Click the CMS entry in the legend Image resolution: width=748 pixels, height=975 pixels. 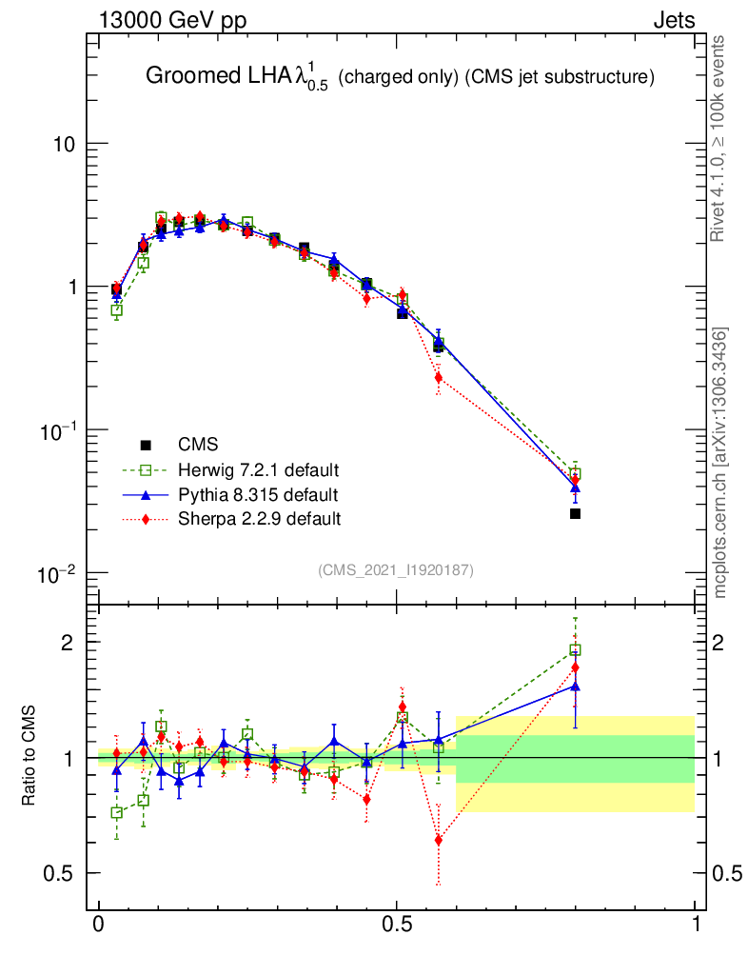[197, 445]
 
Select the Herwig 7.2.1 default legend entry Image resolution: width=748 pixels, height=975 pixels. [259, 469]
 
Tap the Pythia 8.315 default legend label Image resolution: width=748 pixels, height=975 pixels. [258, 494]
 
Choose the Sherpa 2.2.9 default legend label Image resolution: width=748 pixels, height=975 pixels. [259, 519]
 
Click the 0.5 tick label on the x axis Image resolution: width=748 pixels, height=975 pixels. [397, 925]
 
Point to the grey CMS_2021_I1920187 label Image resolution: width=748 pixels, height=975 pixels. [396, 569]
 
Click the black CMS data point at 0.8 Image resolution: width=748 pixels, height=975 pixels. [575, 514]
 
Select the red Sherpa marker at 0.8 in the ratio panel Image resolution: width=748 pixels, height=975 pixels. [575, 667]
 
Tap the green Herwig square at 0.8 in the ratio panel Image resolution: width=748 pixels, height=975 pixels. [575, 650]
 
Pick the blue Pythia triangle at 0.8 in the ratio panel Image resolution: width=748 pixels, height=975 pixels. [575, 686]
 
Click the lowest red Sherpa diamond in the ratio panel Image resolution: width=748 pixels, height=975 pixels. [438, 840]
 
